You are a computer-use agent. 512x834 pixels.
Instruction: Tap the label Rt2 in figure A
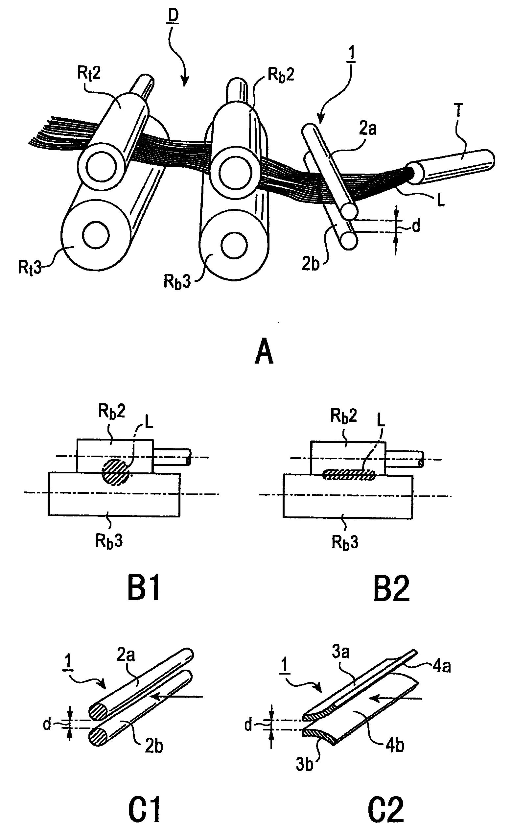click(89, 73)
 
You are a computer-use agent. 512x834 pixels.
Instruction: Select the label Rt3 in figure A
click(30, 268)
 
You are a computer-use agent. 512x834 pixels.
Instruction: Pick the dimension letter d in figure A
click(416, 226)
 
